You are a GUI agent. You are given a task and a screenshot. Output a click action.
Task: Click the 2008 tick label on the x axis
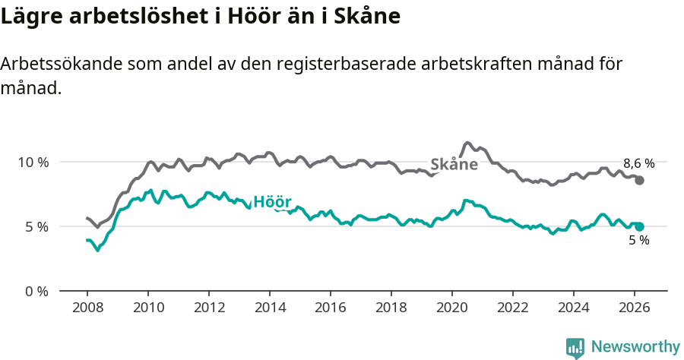(x=87, y=308)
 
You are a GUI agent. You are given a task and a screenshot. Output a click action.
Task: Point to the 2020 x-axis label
(x=452, y=308)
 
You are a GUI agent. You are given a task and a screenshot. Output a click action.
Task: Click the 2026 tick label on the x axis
(x=634, y=308)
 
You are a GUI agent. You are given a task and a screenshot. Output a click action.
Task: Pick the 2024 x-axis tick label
(x=573, y=308)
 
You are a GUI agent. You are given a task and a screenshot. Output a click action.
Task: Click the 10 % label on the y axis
(x=33, y=162)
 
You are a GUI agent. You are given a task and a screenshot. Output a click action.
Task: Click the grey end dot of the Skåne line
(x=640, y=180)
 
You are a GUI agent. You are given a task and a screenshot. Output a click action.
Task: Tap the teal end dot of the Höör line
(x=640, y=226)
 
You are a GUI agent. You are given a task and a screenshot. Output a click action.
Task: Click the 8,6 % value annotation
(x=638, y=163)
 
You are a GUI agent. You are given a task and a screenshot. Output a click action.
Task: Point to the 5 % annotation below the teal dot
(x=638, y=241)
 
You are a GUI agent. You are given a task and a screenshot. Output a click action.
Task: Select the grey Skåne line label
(x=454, y=165)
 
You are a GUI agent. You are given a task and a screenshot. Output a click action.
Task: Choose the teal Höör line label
(x=272, y=202)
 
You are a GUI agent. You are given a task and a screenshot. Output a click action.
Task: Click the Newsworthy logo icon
(x=575, y=348)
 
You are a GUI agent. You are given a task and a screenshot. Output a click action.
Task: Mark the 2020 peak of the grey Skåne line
(x=467, y=143)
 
